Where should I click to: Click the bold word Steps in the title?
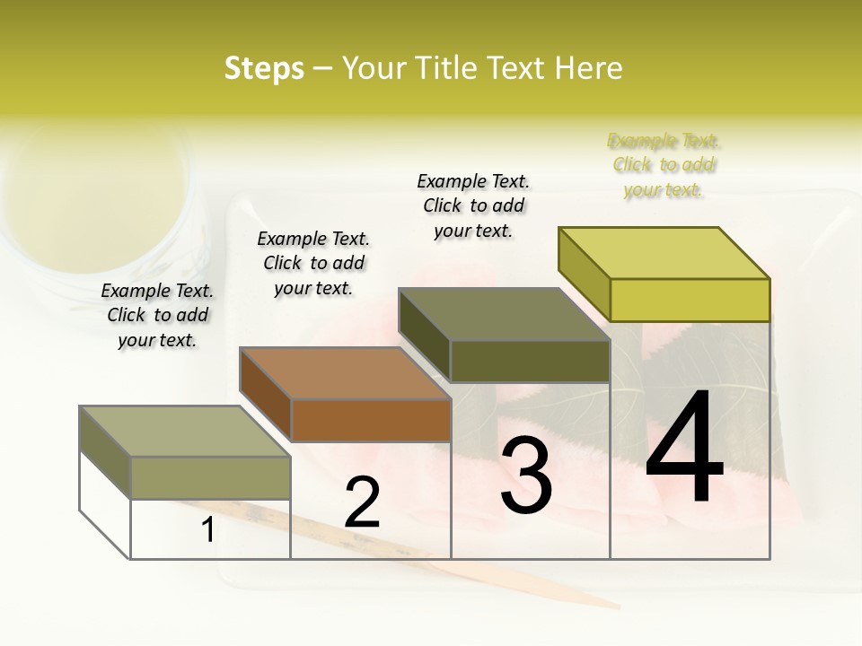pos(264,68)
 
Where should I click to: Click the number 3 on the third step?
pos(526,476)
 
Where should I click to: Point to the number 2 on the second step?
pos(363,503)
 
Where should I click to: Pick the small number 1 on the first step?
pos(207,530)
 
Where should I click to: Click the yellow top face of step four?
pos(664,252)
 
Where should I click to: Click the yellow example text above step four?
pos(664,165)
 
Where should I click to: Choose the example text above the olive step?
pos(473,205)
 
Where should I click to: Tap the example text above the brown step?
pos(313,263)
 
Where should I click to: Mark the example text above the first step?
pos(157,315)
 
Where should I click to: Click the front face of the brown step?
pos(371,420)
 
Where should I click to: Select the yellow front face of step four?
pos(690,300)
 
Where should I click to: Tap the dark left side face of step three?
pos(424,336)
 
